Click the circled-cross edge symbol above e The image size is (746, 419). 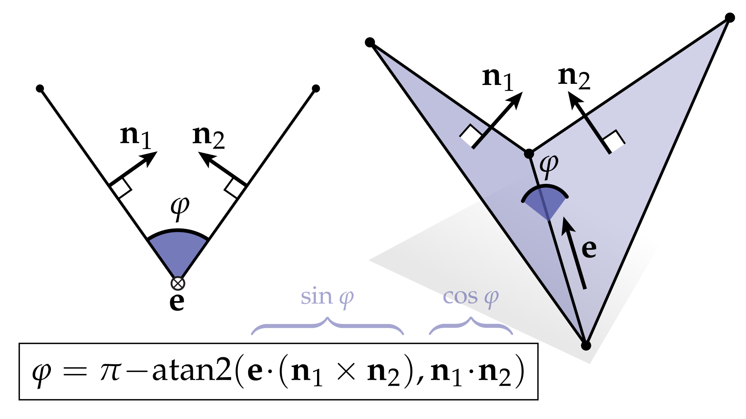coord(178,283)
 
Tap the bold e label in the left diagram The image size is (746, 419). coord(177,302)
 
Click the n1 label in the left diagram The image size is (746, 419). coord(136,137)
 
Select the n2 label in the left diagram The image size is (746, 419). coord(208,137)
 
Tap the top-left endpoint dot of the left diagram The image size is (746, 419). coord(40,88)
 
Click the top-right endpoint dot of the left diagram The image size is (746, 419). coord(316,88)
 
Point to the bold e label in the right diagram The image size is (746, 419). coord(589,249)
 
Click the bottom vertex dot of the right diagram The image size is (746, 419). coord(586,345)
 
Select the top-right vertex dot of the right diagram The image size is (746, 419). coord(730,18)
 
